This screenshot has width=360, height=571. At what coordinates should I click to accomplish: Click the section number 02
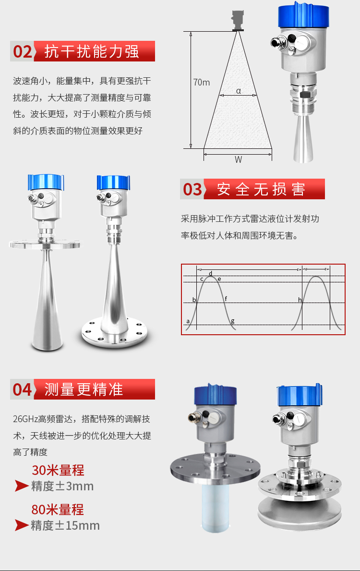[23, 51]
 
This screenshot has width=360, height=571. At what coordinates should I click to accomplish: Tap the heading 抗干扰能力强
[92, 51]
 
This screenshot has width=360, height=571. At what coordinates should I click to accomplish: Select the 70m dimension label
[201, 82]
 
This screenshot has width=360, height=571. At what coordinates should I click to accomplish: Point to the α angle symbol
[239, 91]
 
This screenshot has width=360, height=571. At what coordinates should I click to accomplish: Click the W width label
[238, 159]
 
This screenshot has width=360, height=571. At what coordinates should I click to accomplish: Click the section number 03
[192, 189]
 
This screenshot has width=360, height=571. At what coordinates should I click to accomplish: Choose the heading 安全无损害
[261, 189]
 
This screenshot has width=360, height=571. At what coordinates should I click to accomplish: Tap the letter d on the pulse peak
[210, 273]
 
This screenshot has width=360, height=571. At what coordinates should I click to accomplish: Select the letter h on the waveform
[300, 300]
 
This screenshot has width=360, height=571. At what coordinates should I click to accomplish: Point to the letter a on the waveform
[188, 321]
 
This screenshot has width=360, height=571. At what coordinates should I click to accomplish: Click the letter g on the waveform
[233, 321]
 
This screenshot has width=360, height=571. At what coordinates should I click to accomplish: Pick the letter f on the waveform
[226, 299]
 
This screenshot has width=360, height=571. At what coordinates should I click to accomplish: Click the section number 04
[22, 389]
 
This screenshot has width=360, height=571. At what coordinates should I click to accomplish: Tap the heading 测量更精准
[84, 389]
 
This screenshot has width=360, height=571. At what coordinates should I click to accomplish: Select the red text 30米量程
[58, 470]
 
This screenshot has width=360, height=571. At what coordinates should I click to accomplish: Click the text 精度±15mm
[65, 525]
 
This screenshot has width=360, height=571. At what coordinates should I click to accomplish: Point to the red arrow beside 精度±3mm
[22, 486]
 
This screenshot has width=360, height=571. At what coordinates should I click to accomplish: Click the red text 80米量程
[58, 510]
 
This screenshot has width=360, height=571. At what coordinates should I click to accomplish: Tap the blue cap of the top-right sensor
[303, 15]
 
